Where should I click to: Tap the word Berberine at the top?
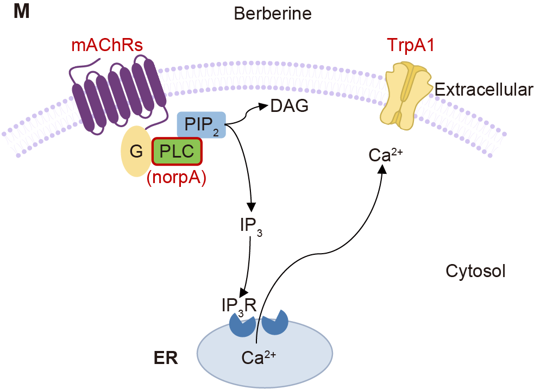pyautogui.click(x=273, y=13)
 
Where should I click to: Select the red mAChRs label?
pyautogui.click(x=107, y=45)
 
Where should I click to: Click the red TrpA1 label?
pyautogui.click(x=411, y=45)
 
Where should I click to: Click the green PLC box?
pyautogui.click(x=177, y=151)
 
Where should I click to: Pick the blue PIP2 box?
pyautogui.click(x=201, y=124)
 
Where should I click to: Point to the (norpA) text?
pyautogui.click(x=177, y=178)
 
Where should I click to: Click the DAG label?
pyautogui.click(x=289, y=105)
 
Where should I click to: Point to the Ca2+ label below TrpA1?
pyautogui.click(x=385, y=155)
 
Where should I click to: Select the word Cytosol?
pyautogui.click(x=475, y=271)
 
